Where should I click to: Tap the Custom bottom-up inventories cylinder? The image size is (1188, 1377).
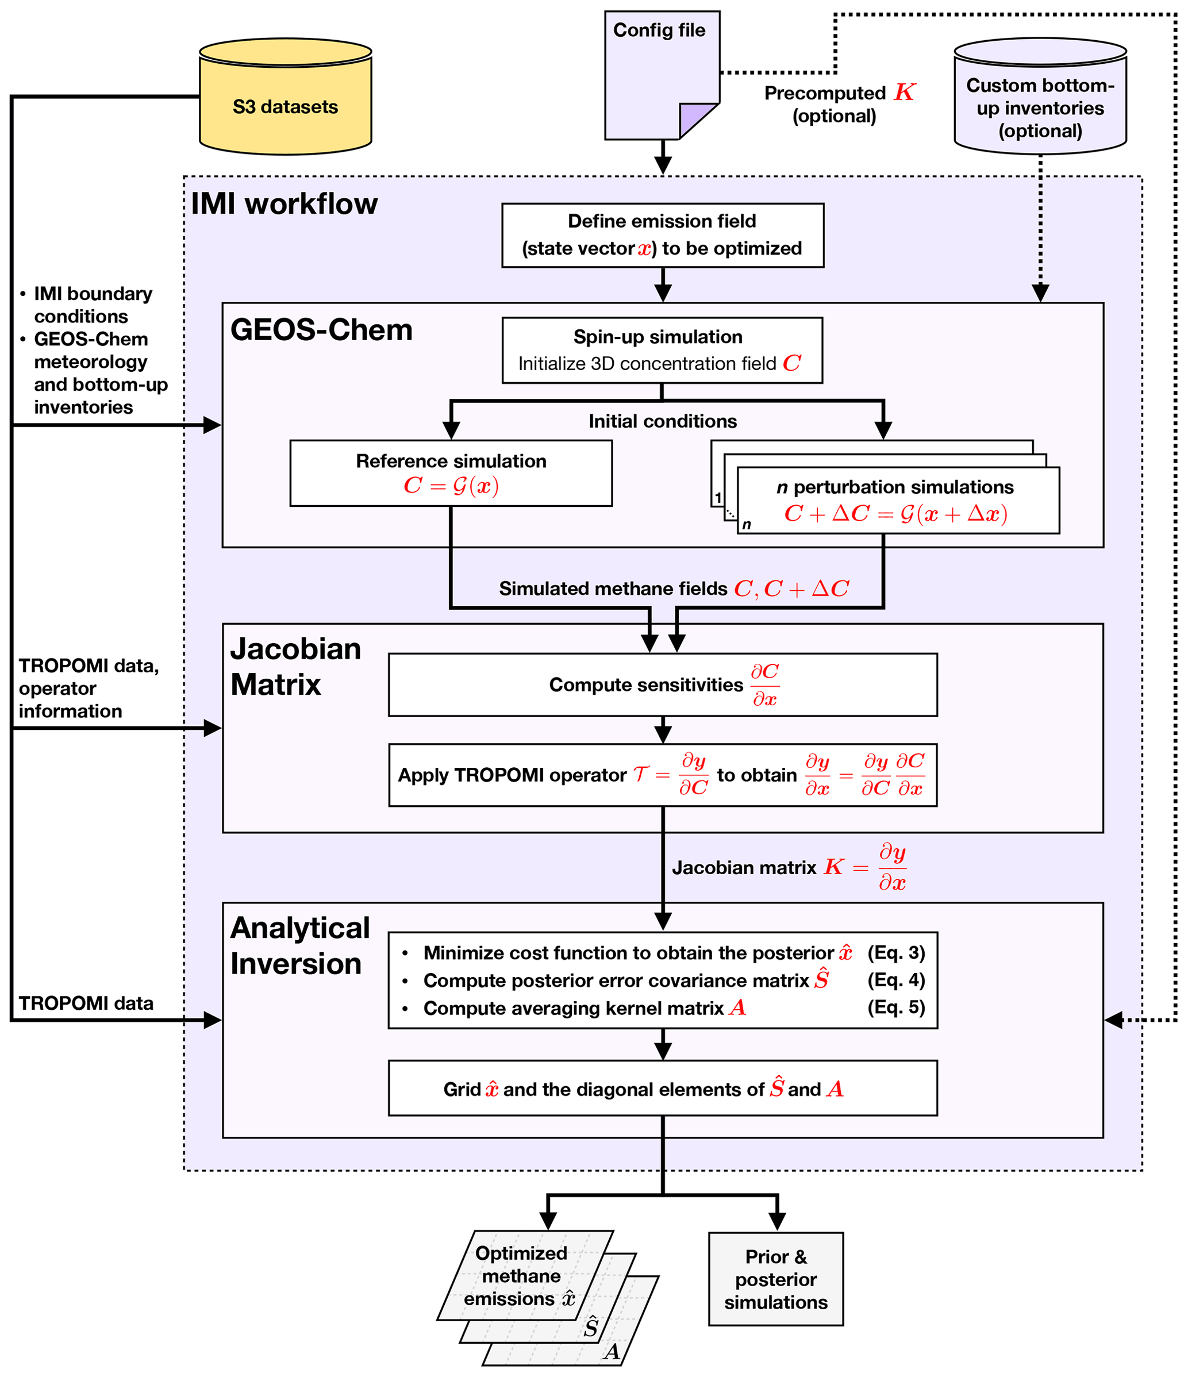pos(1040,99)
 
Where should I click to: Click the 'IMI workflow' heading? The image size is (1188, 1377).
pos(284,204)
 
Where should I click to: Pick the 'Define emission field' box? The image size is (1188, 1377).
pos(662,235)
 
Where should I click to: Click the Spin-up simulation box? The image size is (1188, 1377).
pos(662,350)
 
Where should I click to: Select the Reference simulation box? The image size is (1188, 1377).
pos(451,473)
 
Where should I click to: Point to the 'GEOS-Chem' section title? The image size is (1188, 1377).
pos(321,330)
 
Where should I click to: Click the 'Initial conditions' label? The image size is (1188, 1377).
pos(662,421)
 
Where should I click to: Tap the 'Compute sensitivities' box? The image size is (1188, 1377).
pos(662,684)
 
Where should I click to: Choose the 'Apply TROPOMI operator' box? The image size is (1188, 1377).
pos(662,775)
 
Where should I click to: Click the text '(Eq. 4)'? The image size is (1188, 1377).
pos(895,980)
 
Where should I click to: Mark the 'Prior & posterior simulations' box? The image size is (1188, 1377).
pos(775,1279)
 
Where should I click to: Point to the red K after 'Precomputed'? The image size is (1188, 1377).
pos(904,93)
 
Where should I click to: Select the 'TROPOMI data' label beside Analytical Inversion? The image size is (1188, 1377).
pos(86,1003)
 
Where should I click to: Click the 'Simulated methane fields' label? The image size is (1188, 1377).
pos(613,589)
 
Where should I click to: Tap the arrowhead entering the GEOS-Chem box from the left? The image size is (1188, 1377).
pos(212,425)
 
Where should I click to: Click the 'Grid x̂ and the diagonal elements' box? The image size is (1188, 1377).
pos(662,1088)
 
